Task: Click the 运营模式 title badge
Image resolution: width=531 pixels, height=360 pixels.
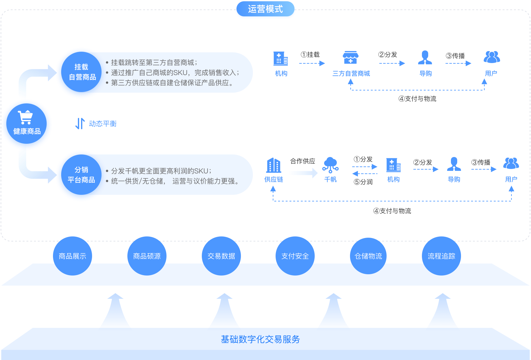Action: (265, 9)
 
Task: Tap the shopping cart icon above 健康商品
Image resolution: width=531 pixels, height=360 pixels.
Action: (25, 117)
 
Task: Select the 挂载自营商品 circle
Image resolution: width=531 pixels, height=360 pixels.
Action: (81, 73)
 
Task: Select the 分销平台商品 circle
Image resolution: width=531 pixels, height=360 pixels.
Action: (81, 175)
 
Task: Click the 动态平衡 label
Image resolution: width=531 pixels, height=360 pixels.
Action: (102, 124)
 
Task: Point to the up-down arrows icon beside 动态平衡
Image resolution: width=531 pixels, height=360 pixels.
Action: (80, 123)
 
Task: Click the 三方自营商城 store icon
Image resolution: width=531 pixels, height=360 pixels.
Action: (350, 58)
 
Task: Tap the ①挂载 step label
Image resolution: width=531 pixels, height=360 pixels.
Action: (310, 55)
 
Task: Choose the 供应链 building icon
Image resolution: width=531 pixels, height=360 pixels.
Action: (273, 165)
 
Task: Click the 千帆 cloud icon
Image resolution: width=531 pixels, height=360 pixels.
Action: (330, 165)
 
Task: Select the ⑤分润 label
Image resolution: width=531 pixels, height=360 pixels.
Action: (363, 182)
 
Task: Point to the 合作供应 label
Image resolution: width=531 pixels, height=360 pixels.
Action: (302, 161)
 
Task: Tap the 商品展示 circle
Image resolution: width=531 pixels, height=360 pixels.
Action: (72, 256)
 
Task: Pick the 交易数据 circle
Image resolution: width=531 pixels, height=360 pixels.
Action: (221, 256)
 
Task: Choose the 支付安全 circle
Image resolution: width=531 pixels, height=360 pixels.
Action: (295, 256)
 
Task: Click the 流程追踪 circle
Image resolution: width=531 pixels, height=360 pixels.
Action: (441, 256)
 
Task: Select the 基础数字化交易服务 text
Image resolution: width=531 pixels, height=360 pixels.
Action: (260, 339)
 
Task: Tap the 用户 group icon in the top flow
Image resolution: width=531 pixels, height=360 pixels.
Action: (492, 57)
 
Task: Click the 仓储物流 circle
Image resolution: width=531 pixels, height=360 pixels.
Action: (368, 256)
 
